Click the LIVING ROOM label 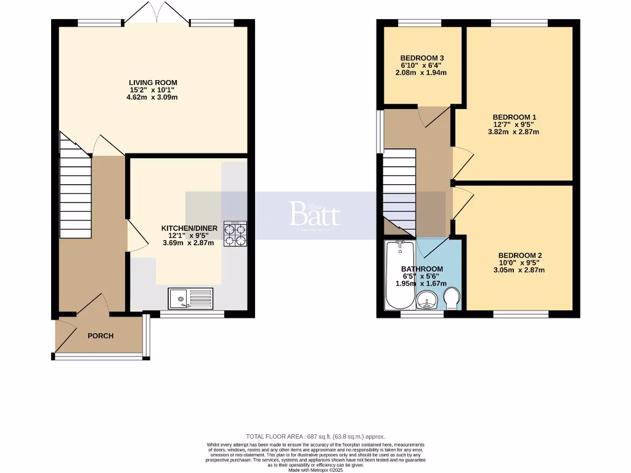click(153, 83)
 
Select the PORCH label click(100, 336)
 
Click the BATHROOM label click(421, 269)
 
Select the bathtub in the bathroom click(397, 275)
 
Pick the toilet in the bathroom click(452, 298)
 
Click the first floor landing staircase click(399, 191)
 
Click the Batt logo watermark click(314, 214)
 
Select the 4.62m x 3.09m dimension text click(153, 97)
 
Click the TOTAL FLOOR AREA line click(315, 436)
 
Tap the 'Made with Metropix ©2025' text click(315, 469)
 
